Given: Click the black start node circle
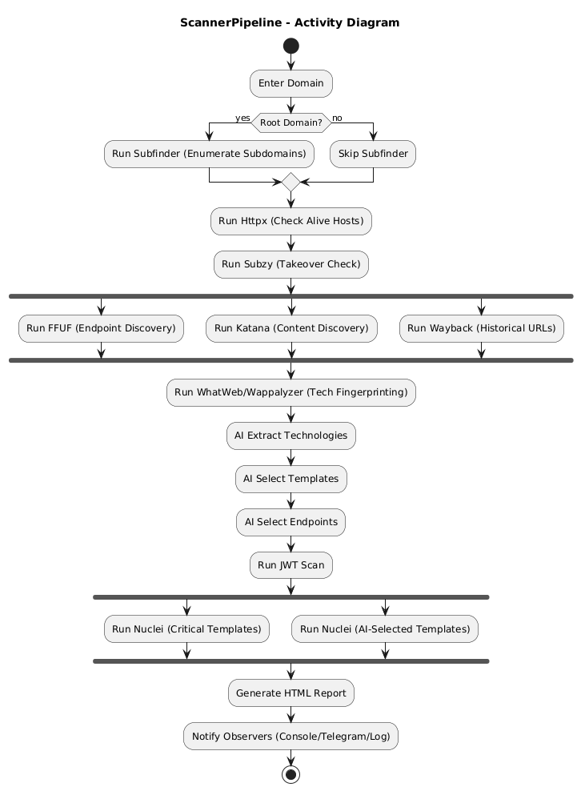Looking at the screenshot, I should click(x=290, y=46).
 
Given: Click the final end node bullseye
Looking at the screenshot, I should click(x=290, y=774).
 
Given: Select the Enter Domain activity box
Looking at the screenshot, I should click(x=290, y=83).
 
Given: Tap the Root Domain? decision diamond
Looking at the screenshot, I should click(x=290, y=122).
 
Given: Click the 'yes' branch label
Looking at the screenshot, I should click(x=242, y=118).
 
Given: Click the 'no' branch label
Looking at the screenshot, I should click(x=337, y=118).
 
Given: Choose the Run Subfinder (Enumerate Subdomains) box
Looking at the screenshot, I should click(x=209, y=154).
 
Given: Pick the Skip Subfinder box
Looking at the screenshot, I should click(x=373, y=154).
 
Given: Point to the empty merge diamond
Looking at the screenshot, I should click(x=290, y=183).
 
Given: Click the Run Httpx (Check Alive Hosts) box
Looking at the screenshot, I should click(x=290, y=221).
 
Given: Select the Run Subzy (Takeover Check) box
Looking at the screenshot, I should click(x=290, y=264).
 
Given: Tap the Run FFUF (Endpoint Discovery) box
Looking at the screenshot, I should click(x=101, y=328).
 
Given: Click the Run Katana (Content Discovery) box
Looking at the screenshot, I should click(x=290, y=328).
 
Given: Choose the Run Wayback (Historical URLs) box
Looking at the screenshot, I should click(x=481, y=328).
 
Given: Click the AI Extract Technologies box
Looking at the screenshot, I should click(x=290, y=436).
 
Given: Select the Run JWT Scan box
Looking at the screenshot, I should click(x=290, y=565).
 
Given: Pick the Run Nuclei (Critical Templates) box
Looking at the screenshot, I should click(x=186, y=629).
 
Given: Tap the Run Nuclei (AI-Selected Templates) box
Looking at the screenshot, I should click(x=385, y=629).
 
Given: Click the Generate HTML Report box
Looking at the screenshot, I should click(x=290, y=693).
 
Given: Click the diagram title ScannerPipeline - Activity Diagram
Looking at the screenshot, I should click(x=290, y=22).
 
